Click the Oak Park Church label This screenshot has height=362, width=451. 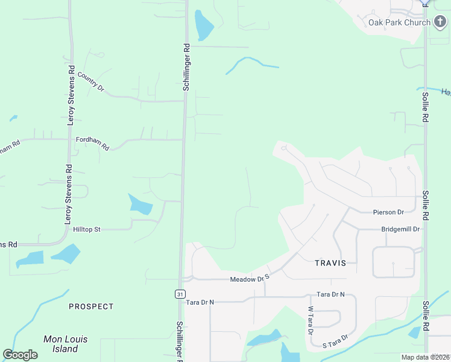pyautogui.click(x=399, y=23)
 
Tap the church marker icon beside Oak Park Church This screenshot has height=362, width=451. pyautogui.click(x=441, y=22)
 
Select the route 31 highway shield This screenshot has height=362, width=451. pyautogui.click(x=180, y=294)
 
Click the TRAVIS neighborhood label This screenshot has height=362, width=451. pyautogui.click(x=330, y=263)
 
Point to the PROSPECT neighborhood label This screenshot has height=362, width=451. pyautogui.click(x=91, y=306)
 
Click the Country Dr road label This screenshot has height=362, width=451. pyautogui.click(x=90, y=83)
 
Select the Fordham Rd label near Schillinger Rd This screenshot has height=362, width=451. pyautogui.click(x=92, y=143)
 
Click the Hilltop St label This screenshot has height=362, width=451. pyautogui.click(x=86, y=230)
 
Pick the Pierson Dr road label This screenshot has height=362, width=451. pyautogui.click(x=388, y=212)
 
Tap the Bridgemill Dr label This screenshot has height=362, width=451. pyautogui.click(x=400, y=229)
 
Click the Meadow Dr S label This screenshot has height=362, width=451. pyautogui.click(x=248, y=279)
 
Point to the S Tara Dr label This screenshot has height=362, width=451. pyautogui.click(x=336, y=341)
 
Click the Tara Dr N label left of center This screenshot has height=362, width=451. pyautogui.click(x=200, y=302)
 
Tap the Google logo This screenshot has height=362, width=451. pyautogui.click(x=20, y=355)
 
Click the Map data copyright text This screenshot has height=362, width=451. pyautogui.click(x=425, y=357)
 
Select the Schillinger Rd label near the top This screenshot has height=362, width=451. pyautogui.click(x=187, y=66)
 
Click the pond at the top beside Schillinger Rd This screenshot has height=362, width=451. pyautogui.click(x=204, y=25)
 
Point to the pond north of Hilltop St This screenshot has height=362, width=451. pyautogui.click(x=141, y=205)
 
